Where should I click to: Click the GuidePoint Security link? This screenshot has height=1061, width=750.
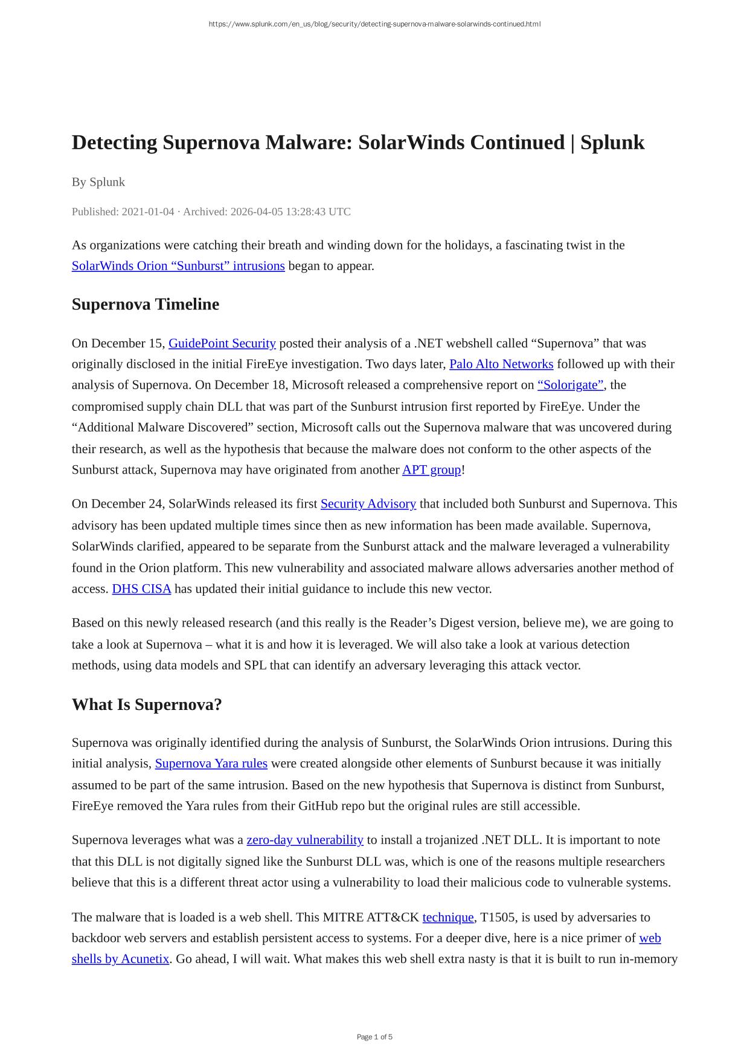point(222,343)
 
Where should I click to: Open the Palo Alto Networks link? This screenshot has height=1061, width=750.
point(501,364)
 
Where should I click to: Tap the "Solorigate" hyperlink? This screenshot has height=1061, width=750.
point(571,385)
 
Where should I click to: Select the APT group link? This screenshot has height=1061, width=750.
point(431,469)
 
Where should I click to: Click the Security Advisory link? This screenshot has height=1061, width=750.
point(368,503)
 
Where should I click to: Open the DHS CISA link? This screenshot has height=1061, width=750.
point(141,589)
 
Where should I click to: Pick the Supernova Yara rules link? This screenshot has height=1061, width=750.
point(211,763)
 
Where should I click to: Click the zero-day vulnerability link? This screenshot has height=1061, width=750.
point(305,840)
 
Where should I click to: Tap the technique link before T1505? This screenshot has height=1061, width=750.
point(448,917)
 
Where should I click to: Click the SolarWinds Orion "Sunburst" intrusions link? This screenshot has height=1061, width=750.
point(178,266)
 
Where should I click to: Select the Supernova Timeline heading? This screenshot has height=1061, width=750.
point(146,305)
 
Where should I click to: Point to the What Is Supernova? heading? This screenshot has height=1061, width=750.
point(147,705)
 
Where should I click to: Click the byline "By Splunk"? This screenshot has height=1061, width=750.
point(98,182)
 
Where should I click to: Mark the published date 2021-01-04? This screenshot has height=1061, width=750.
point(148,211)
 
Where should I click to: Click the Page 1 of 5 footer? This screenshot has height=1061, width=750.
point(374,1037)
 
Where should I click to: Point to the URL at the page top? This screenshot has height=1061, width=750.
point(374,24)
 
